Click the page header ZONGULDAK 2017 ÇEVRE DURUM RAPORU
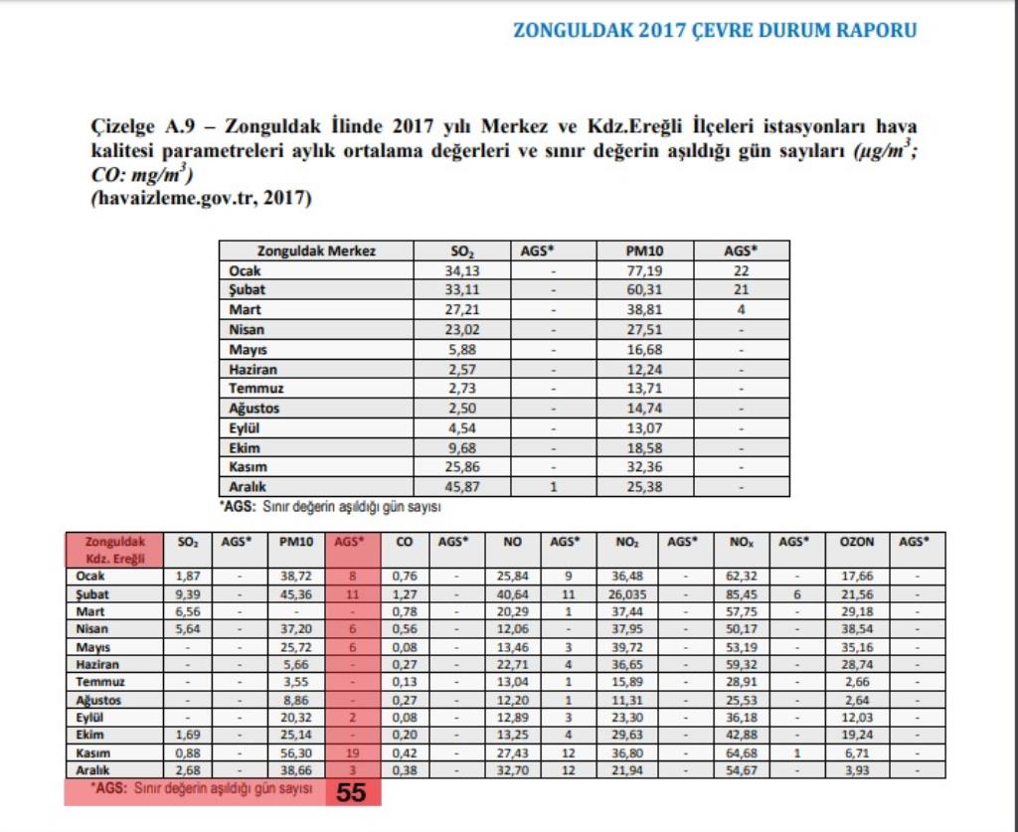click(714, 30)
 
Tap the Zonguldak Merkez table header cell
click(316, 251)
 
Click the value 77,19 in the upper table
click(644, 271)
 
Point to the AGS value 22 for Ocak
click(741, 271)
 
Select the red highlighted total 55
click(351, 792)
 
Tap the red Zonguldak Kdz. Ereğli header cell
click(113, 550)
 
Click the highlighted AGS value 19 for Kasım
click(351, 753)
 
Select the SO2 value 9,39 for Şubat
click(187, 593)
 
